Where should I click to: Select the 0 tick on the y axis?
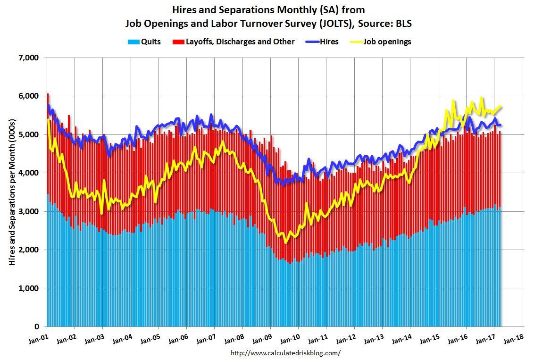click(x=36, y=327)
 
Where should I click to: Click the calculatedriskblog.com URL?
click(x=285, y=353)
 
